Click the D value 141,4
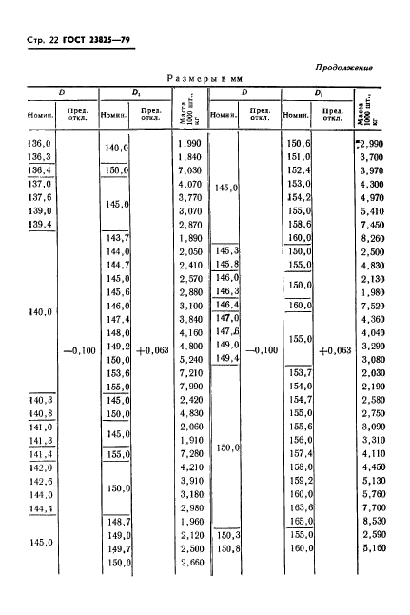(x=33, y=454)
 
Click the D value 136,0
(x=33, y=143)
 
